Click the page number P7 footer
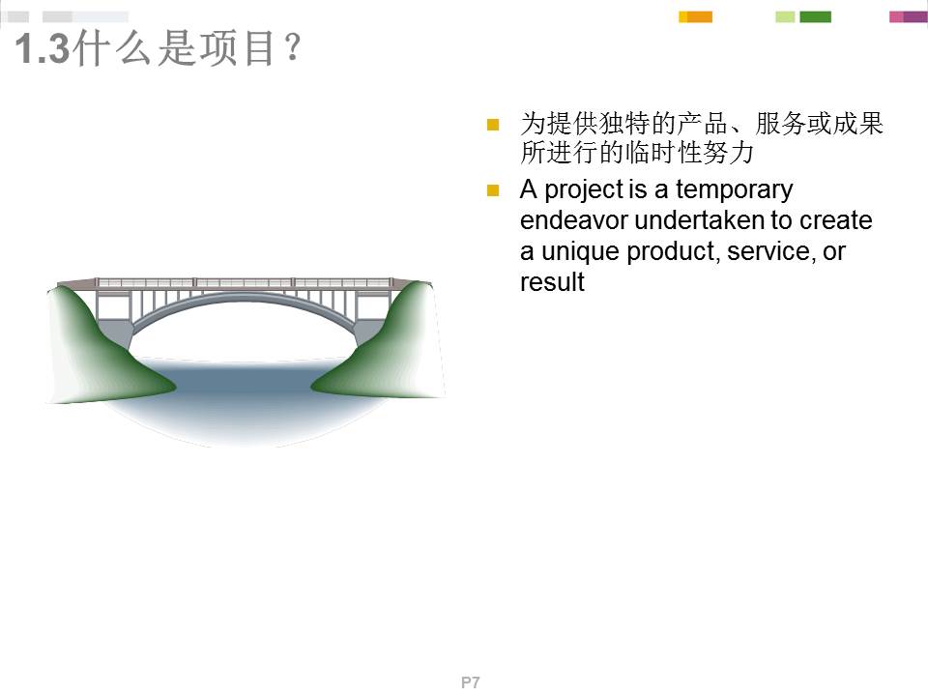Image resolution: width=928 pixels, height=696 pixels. (470, 682)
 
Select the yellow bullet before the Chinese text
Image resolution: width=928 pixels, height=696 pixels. (493, 125)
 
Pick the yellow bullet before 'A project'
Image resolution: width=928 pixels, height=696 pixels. (493, 190)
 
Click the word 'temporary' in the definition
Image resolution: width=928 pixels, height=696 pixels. (734, 189)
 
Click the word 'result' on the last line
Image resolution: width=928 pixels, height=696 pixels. (552, 282)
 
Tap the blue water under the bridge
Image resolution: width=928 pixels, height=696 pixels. (242, 396)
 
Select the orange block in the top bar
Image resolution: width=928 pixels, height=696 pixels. (698, 16)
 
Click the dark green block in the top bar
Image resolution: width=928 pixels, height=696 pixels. (814, 16)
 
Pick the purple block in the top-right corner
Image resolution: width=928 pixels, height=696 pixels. (913, 16)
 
